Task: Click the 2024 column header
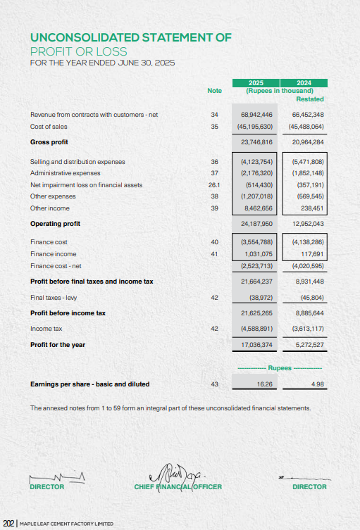click(x=304, y=82)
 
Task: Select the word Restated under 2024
click(x=310, y=99)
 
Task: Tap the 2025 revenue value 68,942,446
click(x=256, y=114)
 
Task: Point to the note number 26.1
click(x=215, y=185)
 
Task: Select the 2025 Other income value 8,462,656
click(x=257, y=208)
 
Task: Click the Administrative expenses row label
click(x=66, y=173)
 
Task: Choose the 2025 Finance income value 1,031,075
click(x=257, y=254)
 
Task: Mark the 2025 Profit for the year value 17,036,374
click(x=256, y=345)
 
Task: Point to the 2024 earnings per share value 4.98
click(x=316, y=384)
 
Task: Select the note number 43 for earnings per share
click(x=215, y=384)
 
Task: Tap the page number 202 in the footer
click(x=8, y=523)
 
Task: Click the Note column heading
click(x=214, y=91)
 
